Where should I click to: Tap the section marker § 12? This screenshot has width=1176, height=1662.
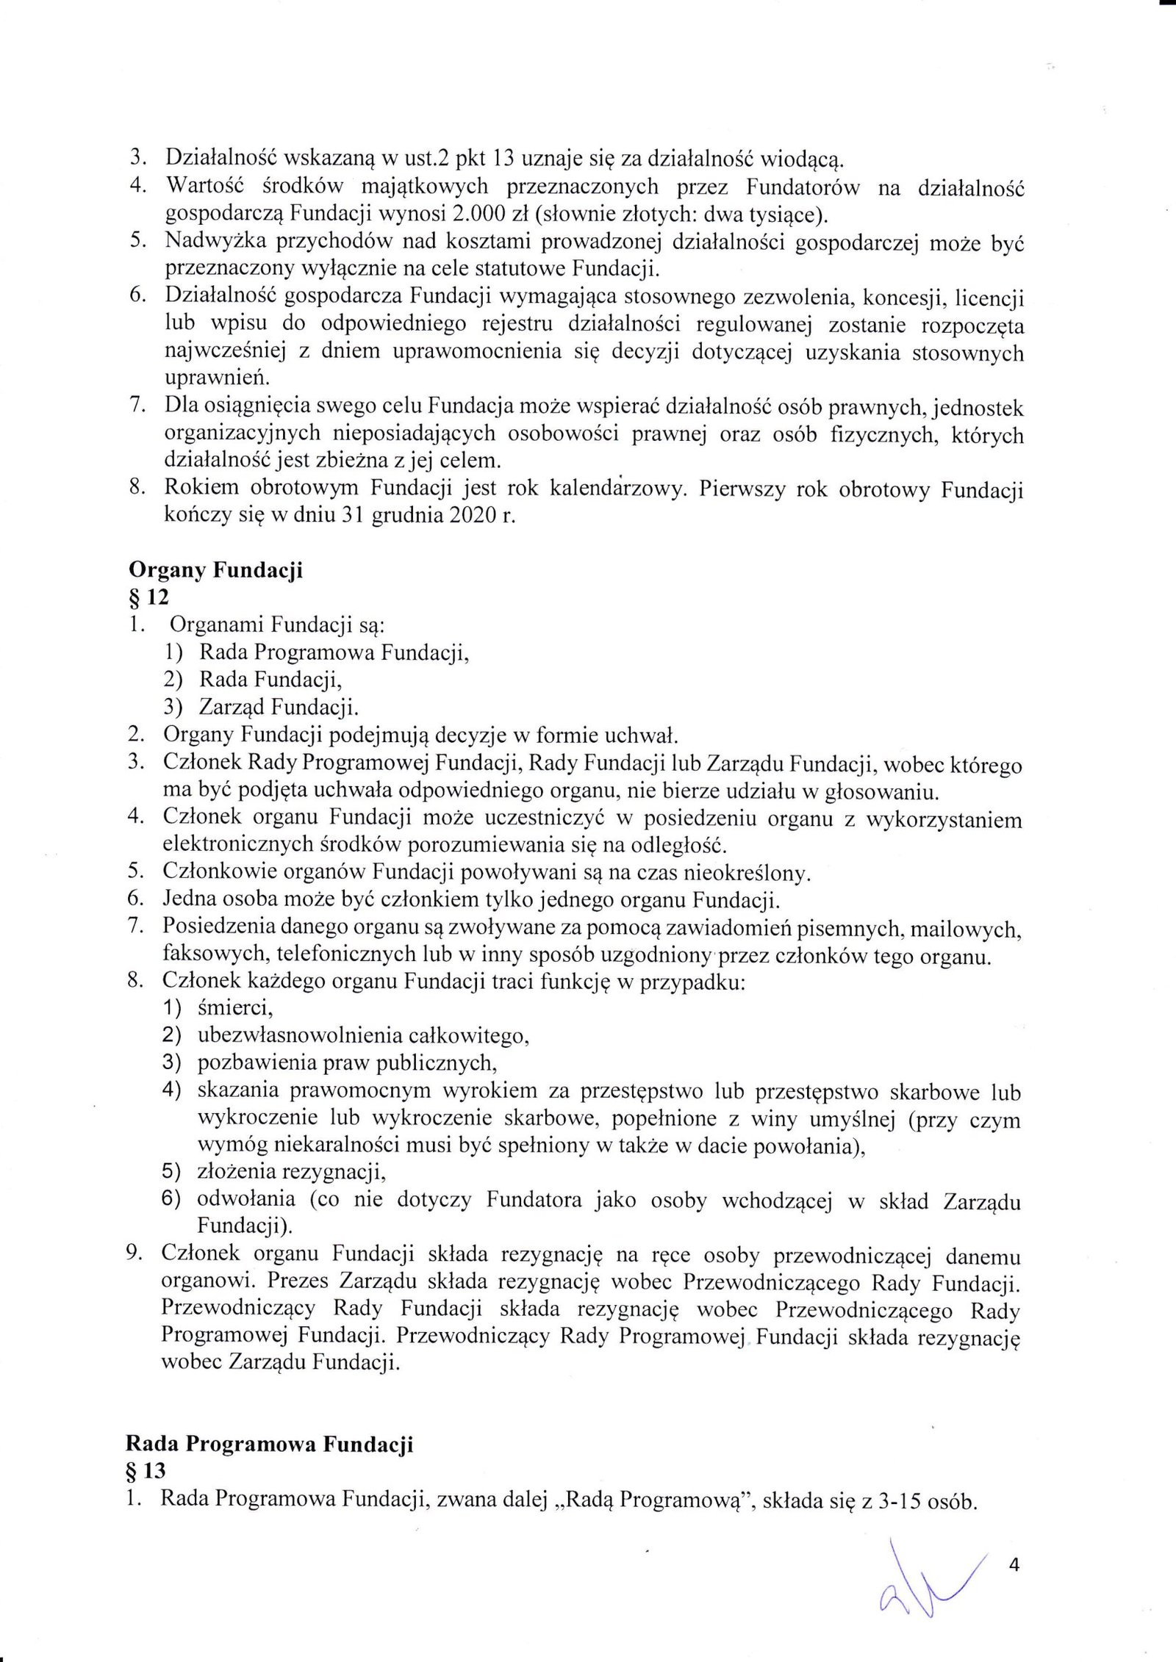point(145,597)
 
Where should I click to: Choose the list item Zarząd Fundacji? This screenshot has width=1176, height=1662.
point(279,707)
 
